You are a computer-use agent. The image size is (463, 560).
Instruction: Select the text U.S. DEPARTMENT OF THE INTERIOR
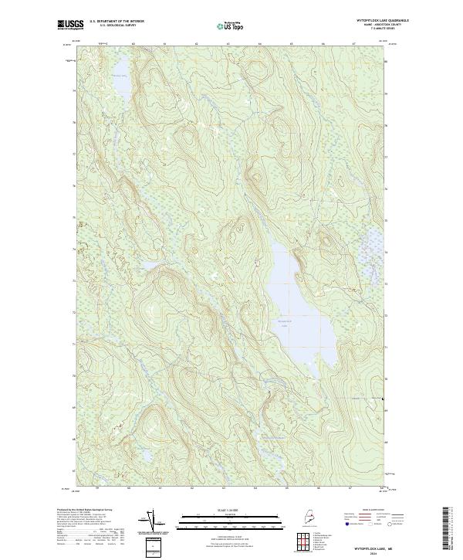[117, 21]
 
